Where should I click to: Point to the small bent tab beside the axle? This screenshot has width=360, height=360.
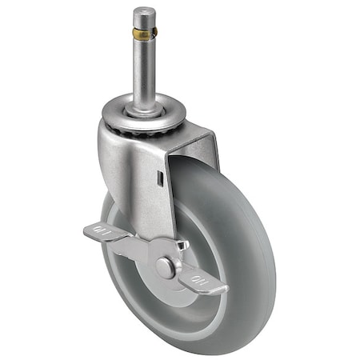182,247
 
